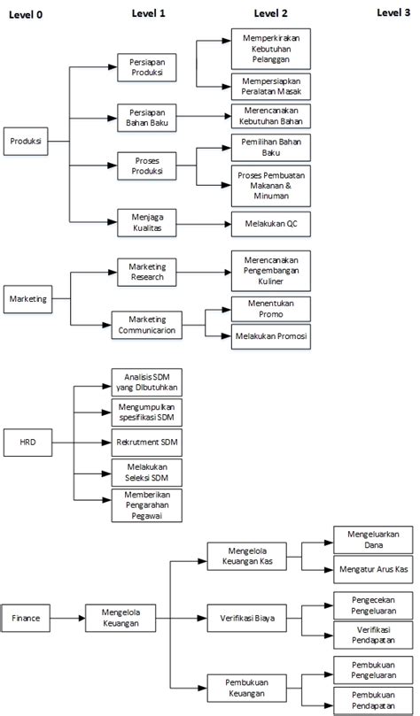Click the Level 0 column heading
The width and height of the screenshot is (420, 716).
pos(26,15)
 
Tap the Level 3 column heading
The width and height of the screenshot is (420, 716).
pos(393,12)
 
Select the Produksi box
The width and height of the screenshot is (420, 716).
pos(26,141)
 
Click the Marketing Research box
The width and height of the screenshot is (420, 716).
pos(147,273)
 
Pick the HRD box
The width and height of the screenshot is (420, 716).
pos(27,442)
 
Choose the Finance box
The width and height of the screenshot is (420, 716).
pos(26,618)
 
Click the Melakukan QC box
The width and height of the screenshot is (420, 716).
pos(271,224)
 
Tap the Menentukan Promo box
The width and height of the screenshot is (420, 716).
pos(271,309)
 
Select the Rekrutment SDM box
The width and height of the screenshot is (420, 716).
pos(147,443)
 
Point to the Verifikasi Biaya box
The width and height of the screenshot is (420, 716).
pos(247,619)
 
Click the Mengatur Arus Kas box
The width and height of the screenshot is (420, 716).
pos(373,569)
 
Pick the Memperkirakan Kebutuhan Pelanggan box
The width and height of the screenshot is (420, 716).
pos(271,49)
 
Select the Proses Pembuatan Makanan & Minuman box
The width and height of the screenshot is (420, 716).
pos(271,186)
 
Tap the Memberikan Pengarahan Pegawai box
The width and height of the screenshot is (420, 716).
pos(147,505)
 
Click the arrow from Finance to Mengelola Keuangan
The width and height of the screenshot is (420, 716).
pos(67,619)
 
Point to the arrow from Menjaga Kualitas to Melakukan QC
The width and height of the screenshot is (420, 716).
pos(204,224)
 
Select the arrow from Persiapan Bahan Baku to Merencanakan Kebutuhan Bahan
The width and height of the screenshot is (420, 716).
pos(204,117)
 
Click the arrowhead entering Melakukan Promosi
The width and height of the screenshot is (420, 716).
pos(227,336)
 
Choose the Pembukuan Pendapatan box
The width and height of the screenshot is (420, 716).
pos(373,700)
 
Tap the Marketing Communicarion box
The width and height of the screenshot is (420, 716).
pos(147,325)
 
